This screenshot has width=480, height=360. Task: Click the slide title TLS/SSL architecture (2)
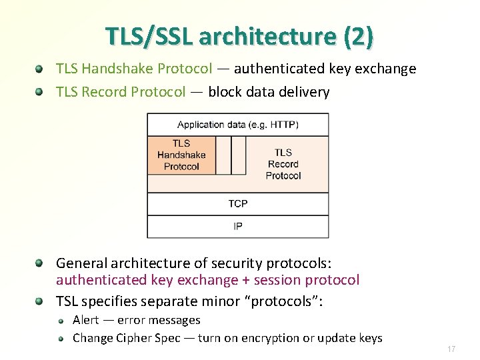pyautogui.click(x=239, y=37)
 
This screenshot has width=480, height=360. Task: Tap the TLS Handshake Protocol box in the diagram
pyautogui.click(x=181, y=155)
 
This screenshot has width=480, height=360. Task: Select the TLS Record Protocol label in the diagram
pyautogui.click(x=283, y=164)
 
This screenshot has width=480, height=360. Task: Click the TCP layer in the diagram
pyautogui.click(x=238, y=203)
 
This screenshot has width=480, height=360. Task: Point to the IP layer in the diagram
pyautogui.click(x=238, y=227)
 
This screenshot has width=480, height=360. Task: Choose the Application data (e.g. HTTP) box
pyautogui.click(x=238, y=125)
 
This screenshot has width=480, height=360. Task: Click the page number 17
pyautogui.click(x=451, y=349)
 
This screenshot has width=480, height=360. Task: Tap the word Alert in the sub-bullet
pyautogui.click(x=85, y=320)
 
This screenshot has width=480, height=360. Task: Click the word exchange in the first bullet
pyautogui.click(x=389, y=69)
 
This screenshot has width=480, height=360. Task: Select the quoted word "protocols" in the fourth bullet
pyautogui.click(x=285, y=301)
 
